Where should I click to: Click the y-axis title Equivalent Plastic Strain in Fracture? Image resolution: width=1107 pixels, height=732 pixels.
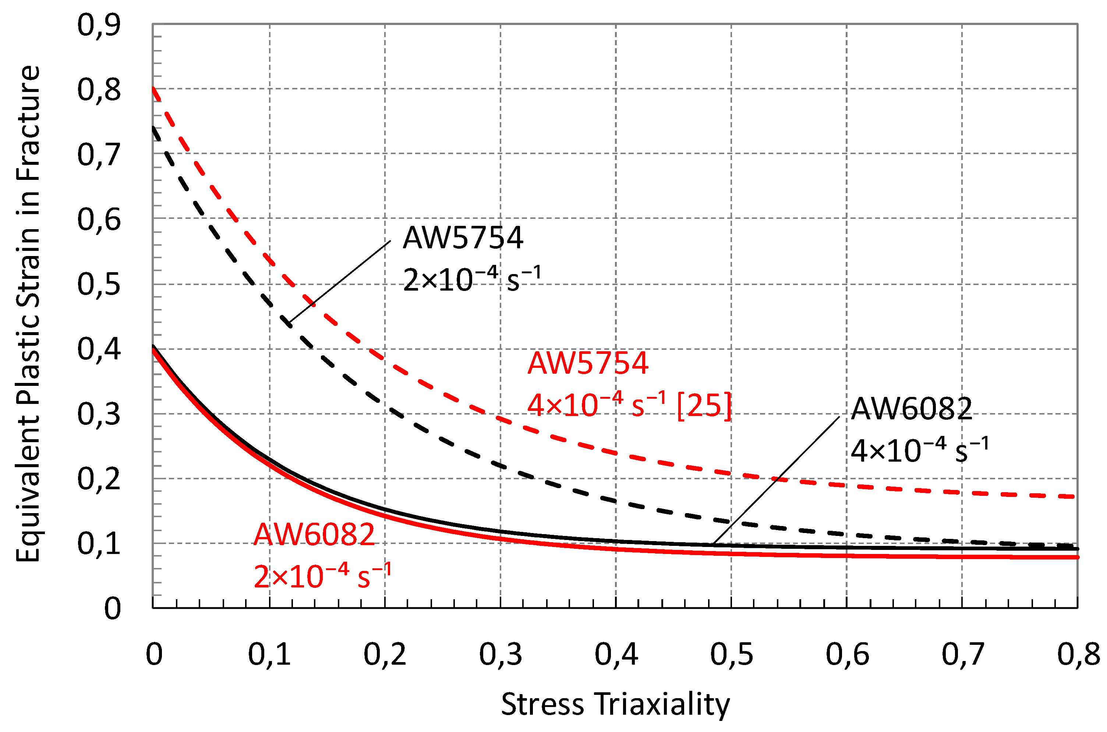(28, 314)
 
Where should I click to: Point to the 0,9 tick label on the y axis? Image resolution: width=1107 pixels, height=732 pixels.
(99, 25)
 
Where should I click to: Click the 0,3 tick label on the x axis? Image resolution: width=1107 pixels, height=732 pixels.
(500, 654)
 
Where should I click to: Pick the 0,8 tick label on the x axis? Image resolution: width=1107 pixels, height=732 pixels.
(1078, 654)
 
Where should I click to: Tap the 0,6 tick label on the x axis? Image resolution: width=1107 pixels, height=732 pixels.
(847, 654)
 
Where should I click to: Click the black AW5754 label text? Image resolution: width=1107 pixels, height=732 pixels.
(463, 238)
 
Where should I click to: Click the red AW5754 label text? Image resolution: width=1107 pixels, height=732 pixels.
(588, 363)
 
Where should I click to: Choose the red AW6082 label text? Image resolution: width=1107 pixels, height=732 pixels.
(314, 534)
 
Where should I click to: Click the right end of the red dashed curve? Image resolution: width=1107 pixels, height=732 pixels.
(1074, 496)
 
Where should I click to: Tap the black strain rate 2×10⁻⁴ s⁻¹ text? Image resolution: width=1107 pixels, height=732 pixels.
(472, 280)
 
